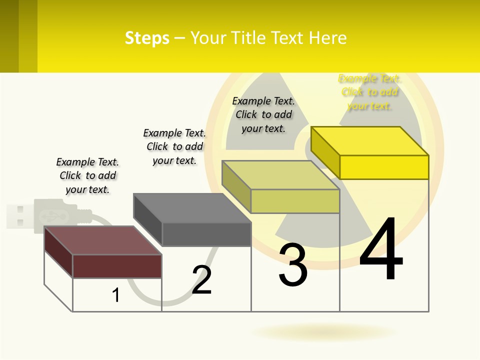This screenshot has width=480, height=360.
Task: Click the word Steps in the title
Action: point(147,38)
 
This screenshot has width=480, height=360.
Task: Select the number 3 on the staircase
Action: point(293,265)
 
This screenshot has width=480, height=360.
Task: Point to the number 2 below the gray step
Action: point(202,280)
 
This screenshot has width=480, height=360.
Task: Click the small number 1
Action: point(116,295)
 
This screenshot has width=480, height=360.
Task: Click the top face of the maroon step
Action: point(103,240)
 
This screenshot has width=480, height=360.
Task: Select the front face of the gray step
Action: point(206,234)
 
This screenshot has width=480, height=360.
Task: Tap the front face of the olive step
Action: point(295,201)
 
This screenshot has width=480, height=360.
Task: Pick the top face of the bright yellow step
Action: point(370,140)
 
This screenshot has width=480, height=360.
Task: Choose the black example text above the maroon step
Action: point(87,175)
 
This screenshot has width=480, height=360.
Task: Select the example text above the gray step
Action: point(174,146)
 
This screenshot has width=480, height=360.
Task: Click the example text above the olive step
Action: point(263,114)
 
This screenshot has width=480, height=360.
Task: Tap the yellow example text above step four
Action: point(369,92)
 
